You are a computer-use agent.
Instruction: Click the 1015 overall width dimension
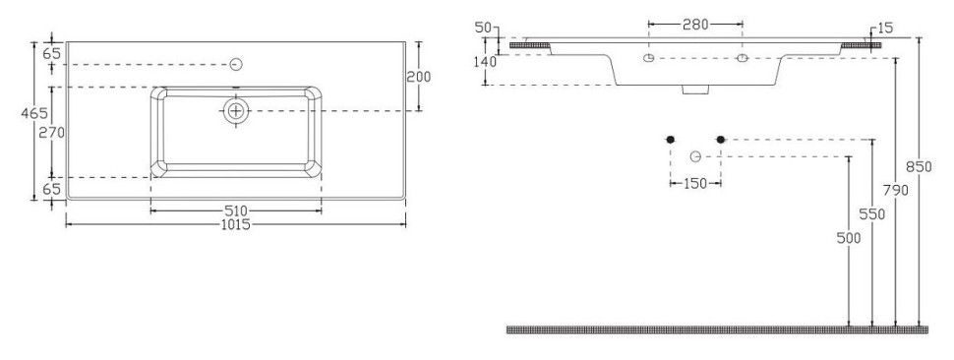235,224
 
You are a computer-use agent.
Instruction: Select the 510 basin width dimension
235,210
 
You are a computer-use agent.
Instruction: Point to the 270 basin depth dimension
52,133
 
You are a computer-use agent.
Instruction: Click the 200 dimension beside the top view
419,77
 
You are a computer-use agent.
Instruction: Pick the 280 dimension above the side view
695,25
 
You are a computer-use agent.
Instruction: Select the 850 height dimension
919,166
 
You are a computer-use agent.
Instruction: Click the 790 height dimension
896,191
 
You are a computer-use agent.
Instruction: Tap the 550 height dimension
871,214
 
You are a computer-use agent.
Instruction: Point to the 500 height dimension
849,238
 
